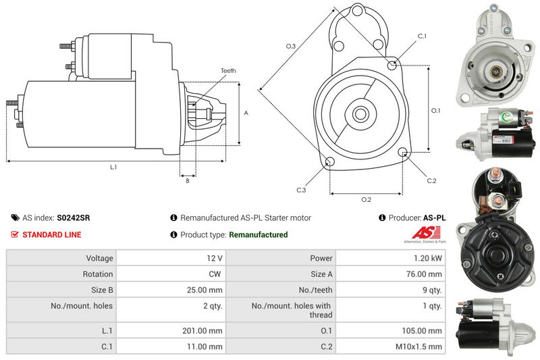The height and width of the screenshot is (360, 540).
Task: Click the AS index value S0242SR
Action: tap(74, 217)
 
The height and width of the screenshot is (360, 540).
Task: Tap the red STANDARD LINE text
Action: tap(52, 234)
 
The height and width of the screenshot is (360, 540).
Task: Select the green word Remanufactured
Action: tap(259, 234)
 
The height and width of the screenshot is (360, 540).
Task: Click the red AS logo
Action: tap(427, 232)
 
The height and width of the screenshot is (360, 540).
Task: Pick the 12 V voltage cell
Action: tap(215, 258)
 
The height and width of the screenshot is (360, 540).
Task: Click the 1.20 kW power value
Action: tap(428, 258)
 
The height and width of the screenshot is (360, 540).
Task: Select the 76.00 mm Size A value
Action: tap(424, 274)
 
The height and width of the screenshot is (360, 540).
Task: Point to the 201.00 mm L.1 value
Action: tap(202, 331)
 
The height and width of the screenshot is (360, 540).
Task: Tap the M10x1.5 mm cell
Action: tap(418, 346)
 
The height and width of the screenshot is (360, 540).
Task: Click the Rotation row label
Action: tap(98, 274)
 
